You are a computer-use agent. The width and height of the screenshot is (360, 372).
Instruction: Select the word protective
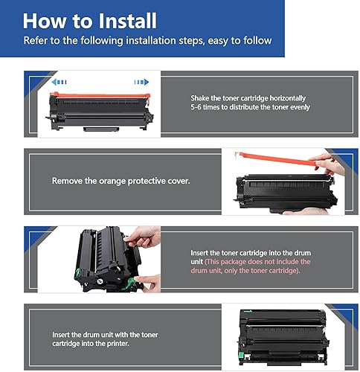[x=141, y=180]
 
